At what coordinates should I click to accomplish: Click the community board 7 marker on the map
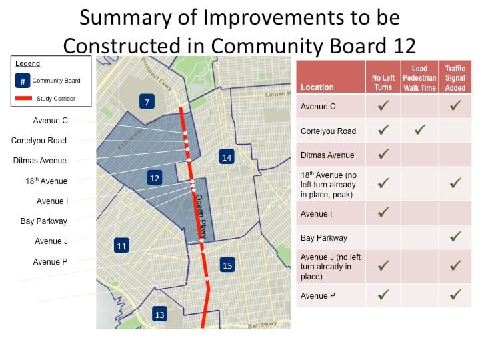pyautogui.click(x=147, y=102)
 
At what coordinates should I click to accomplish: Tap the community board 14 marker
pyautogui.click(x=227, y=157)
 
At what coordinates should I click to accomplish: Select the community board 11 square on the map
pyautogui.click(x=121, y=246)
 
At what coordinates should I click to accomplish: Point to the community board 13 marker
pyautogui.click(x=159, y=315)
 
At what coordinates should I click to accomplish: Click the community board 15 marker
pyautogui.click(x=227, y=265)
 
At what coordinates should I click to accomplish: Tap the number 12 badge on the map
pyautogui.click(x=155, y=178)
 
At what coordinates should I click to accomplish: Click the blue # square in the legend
pyautogui.click(x=23, y=81)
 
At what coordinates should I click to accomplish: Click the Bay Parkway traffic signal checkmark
pyautogui.click(x=456, y=237)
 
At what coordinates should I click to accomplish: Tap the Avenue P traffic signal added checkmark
pyautogui.click(x=456, y=295)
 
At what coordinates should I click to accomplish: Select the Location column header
pyautogui.click(x=317, y=87)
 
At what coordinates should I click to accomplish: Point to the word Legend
pyautogui.click(x=27, y=64)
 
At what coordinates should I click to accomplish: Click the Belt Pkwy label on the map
pyautogui.click(x=261, y=325)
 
